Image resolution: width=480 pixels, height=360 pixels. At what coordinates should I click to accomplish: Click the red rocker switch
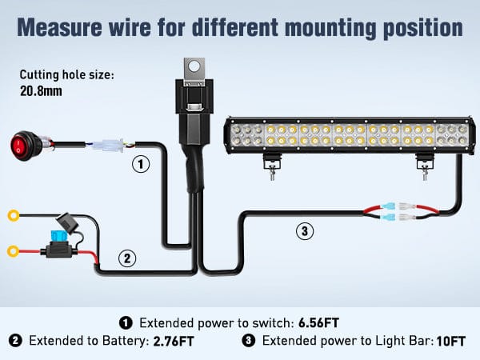point(24,146)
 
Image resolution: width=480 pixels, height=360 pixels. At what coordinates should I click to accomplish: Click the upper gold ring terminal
point(14,215)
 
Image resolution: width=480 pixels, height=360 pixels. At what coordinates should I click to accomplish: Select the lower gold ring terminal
point(14,251)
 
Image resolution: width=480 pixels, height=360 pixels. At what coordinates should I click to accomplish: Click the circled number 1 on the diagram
point(141,165)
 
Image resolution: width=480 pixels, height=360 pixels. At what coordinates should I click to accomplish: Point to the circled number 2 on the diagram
point(127,258)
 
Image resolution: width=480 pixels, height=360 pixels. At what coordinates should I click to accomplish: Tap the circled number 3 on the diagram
point(303,232)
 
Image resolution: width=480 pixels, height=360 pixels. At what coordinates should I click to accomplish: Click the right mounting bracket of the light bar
point(423,165)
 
